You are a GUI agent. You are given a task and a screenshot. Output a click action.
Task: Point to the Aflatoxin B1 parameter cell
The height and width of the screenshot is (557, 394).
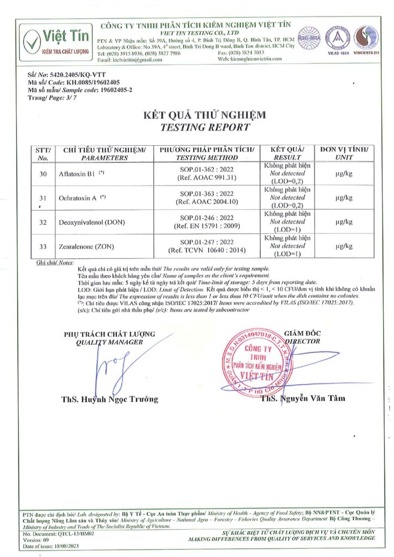click(81, 174)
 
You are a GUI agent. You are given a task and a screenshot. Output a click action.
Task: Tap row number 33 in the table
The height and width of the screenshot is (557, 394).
click(43, 246)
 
